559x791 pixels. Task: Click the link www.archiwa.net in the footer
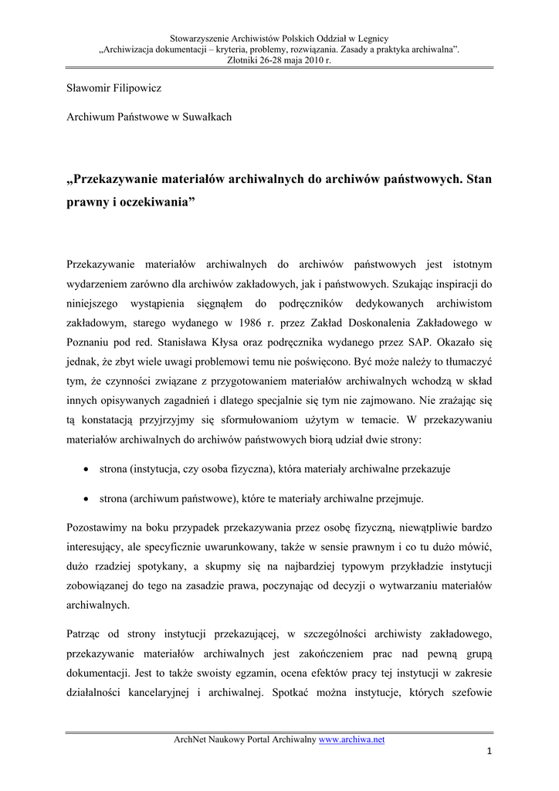click(351, 740)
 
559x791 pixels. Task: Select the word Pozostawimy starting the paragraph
click(97, 528)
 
